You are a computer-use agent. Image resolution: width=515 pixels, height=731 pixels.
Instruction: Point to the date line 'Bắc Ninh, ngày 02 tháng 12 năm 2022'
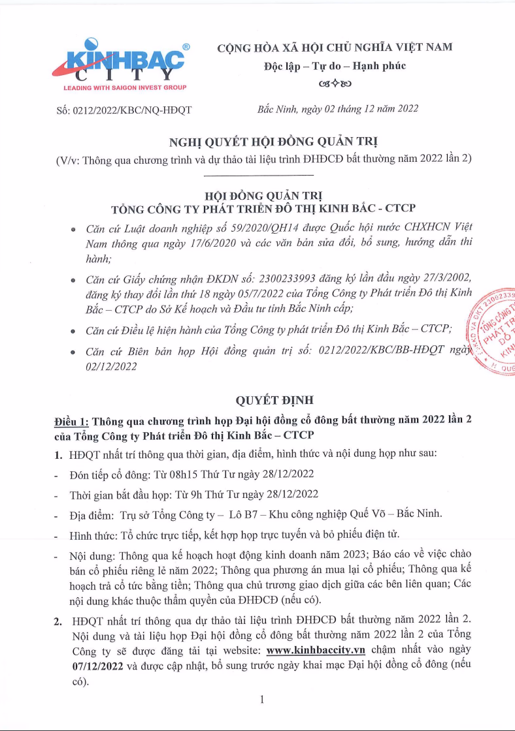[x=338, y=109]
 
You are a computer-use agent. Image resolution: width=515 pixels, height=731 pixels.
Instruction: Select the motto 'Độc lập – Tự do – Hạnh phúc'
[x=335, y=66]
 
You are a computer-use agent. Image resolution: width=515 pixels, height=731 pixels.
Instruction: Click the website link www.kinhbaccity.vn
[x=316, y=650]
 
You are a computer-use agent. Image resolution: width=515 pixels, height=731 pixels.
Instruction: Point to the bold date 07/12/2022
[x=95, y=666]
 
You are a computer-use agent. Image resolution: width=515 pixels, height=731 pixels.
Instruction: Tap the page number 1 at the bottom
[x=261, y=700]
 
